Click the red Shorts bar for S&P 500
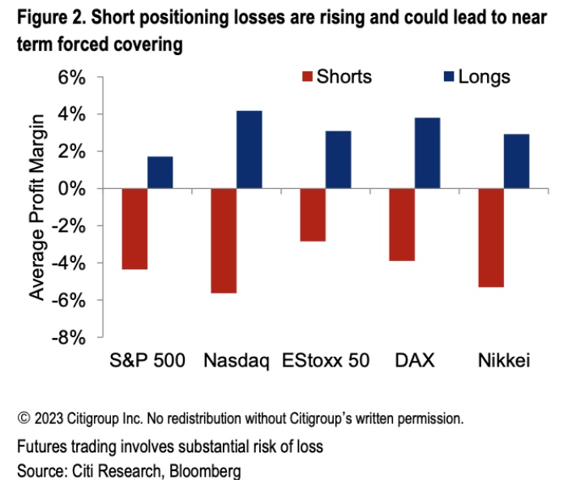pyautogui.click(x=135, y=229)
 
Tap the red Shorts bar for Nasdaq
pyautogui.click(x=223, y=240)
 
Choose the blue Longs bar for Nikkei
pyautogui.click(x=516, y=161)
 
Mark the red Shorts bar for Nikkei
pyautogui.click(x=490, y=238)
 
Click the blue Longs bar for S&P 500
pyautogui.click(x=160, y=172)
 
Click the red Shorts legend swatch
pyautogui.click(x=307, y=77)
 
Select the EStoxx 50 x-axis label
pyautogui.click(x=325, y=361)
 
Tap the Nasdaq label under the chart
pyautogui.click(x=237, y=361)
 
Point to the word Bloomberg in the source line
pyautogui.click(x=204, y=471)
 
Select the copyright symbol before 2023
pyautogui.click(x=23, y=419)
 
